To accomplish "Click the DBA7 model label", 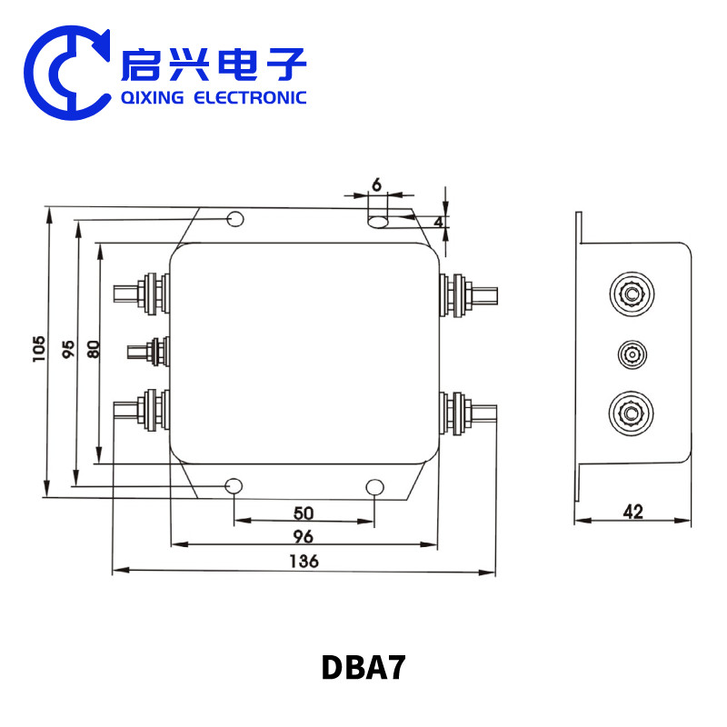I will (363, 668).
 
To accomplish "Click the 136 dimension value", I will (304, 561).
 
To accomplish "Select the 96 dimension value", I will (303, 535).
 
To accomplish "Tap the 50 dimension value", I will (303, 513).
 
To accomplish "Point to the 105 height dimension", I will (38, 350).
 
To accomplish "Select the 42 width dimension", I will (633, 512).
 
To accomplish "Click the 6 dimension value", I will (376, 184).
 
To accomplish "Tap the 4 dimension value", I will (438, 221).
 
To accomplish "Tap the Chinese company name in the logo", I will (214, 63).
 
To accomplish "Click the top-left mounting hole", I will (234, 219).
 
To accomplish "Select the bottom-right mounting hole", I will (375, 487).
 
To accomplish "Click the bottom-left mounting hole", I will (234, 486).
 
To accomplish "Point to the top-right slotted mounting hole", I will (377, 220).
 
